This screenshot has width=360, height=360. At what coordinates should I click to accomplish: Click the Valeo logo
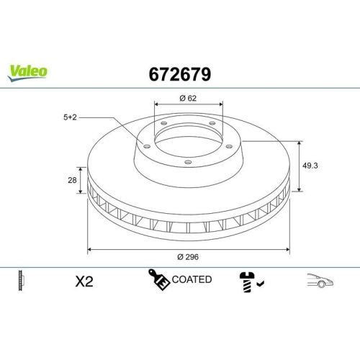[x=28, y=70]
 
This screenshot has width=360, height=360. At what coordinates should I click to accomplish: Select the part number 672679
[x=180, y=73]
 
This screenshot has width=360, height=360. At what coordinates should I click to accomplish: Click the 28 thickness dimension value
[x=72, y=181]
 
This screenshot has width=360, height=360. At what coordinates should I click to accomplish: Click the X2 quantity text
[x=84, y=282]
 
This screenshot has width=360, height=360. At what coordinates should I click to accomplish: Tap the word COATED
[x=192, y=279]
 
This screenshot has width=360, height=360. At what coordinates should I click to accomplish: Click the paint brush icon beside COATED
[x=159, y=279]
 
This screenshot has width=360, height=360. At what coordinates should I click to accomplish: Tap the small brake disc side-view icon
[x=21, y=281]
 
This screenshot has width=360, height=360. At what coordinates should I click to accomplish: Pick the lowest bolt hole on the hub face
[x=189, y=162]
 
